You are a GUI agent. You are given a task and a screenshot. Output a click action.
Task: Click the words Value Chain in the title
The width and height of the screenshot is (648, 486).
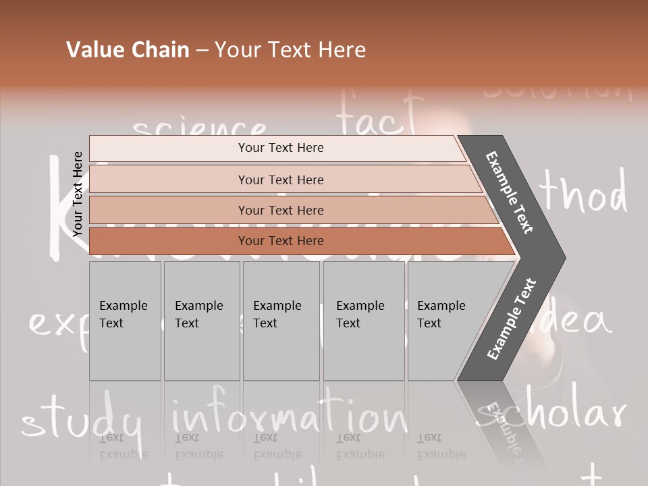pos(128,50)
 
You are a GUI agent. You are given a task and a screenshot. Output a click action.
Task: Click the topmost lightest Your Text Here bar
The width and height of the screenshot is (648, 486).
pos(280,148)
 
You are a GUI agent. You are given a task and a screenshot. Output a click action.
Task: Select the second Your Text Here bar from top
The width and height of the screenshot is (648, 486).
pos(280,180)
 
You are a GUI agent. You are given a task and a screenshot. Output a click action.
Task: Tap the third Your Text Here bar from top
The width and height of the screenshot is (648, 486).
pos(280,210)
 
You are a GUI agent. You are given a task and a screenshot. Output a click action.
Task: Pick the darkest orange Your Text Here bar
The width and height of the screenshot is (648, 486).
pos(280,241)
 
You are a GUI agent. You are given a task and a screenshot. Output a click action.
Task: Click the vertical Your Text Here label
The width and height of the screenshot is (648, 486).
pos(78,194)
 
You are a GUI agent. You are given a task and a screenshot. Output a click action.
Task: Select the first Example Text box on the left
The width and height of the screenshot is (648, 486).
pos(125,321)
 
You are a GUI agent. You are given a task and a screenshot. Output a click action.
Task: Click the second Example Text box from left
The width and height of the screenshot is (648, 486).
pos(201,321)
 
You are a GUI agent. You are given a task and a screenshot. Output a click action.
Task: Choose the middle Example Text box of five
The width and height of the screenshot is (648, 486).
pos(281,321)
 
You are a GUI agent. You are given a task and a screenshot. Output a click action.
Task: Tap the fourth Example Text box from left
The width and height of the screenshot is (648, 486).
pos(363,321)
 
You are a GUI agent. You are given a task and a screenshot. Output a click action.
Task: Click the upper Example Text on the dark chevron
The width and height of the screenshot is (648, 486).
pos(509,192)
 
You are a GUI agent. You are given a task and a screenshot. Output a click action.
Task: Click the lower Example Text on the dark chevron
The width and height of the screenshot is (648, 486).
pos(512,319)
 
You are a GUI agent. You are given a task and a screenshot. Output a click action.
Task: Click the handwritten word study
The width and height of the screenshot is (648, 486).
pos(81,422)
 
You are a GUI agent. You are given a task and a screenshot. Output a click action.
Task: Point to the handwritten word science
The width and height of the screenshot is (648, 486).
pos(199,128)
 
